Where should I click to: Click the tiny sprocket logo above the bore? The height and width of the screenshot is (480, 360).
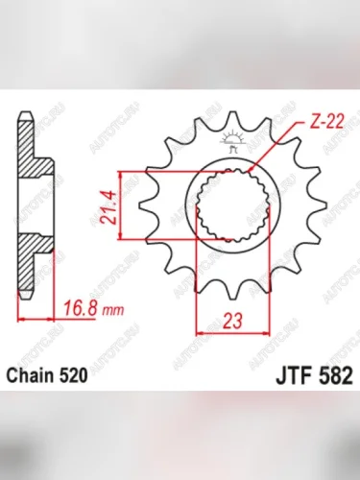click(230, 144)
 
